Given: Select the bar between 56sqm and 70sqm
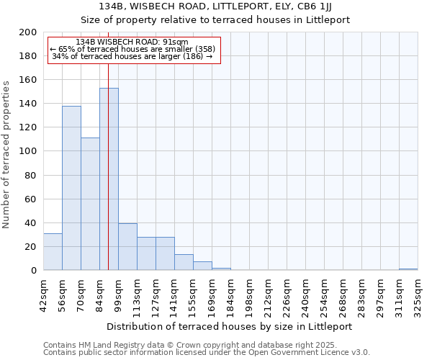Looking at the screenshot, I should tap(71, 189).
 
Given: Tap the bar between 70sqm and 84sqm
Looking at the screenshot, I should tap(90, 204).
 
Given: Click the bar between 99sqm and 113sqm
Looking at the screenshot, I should tap(127, 247).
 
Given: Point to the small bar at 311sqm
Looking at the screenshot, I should tap(408, 269).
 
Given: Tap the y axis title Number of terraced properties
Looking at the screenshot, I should tap(6, 154).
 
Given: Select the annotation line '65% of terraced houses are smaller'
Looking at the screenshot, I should tap(132, 49).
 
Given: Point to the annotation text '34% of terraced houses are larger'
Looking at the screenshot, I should tap(132, 56).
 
